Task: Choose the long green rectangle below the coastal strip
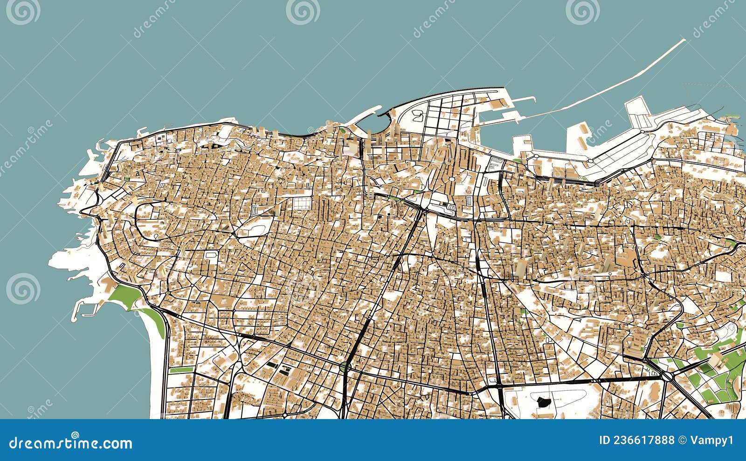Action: tap(181, 370)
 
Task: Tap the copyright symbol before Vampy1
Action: tap(683, 440)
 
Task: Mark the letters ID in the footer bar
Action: tap(605, 440)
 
